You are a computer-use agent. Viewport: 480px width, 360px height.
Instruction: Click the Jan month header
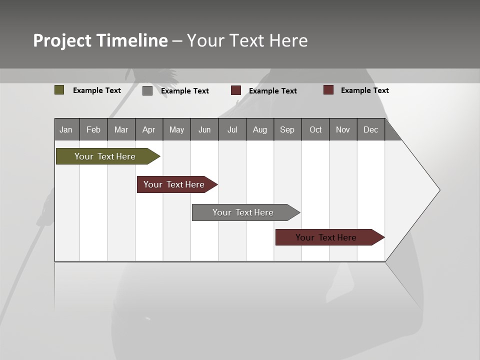click(x=66, y=129)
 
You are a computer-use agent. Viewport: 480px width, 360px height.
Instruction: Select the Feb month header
click(x=93, y=129)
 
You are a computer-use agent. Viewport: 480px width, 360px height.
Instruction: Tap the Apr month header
click(x=149, y=129)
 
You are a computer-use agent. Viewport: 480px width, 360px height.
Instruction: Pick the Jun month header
click(x=204, y=129)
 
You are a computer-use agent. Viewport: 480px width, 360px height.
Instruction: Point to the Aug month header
click(x=260, y=129)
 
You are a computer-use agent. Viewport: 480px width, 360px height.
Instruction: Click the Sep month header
click(x=287, y=129)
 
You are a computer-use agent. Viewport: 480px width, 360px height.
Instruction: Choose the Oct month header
click(x=315, y=129)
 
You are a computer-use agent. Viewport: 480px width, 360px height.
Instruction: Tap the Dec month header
click(x=371, y=129)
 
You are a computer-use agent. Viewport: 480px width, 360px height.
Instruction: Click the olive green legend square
click(x=59, y=90)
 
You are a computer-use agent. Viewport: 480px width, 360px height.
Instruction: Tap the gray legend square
click(x=147, y=90)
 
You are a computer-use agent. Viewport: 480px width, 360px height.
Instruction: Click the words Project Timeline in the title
click(x=100, y=40)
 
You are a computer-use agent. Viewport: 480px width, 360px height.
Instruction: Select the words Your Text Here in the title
click(x=247, y=40)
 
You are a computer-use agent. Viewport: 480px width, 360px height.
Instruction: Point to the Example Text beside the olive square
click(x=97, y=90)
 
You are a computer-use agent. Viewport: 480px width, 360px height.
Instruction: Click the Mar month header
click(x=121, y=129)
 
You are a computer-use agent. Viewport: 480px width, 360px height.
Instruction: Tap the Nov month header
click(x=343, y=129)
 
